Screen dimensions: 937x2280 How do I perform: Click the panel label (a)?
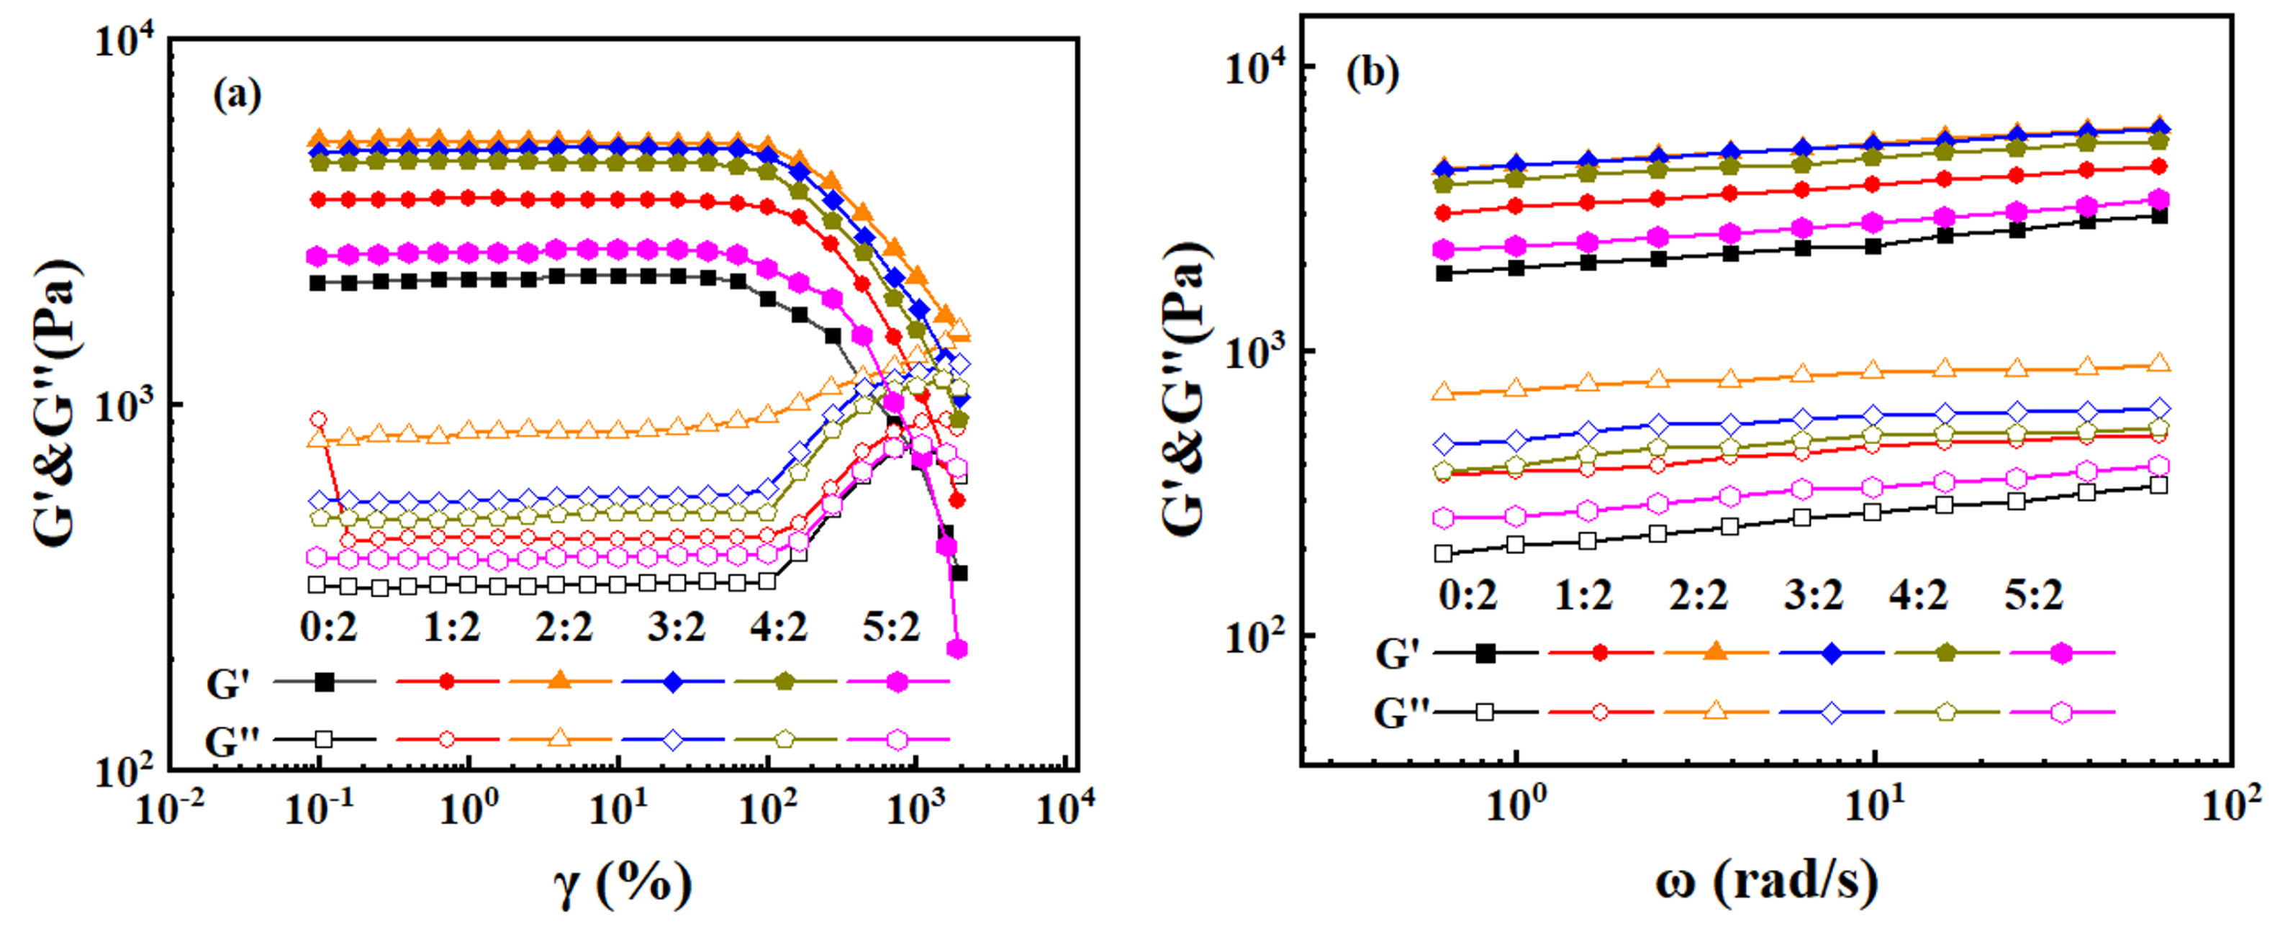pos(237,94)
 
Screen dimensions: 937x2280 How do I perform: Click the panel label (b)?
pos(1372,72)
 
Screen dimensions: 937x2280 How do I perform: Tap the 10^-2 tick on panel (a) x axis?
pos(171,807)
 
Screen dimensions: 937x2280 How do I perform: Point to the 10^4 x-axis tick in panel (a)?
pos(1064,807)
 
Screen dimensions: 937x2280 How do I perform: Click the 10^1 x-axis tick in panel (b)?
pos(1874,807)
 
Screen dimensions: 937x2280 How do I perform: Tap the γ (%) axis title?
pos(624,884)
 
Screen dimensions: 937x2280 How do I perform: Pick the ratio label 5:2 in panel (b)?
pos(2033,595)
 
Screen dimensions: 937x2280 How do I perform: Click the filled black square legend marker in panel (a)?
pos(325,682)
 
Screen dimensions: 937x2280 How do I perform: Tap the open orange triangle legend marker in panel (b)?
pos(1715,711)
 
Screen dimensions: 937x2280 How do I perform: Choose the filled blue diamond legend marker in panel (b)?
pos(1831,653)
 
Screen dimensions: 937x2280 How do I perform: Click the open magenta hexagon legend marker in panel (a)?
pos(897,740)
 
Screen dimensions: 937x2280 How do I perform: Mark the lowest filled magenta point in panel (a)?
pos(956,649)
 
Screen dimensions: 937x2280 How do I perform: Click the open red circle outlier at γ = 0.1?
pos(319,420)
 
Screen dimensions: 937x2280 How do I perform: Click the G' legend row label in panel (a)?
pos(228,684)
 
